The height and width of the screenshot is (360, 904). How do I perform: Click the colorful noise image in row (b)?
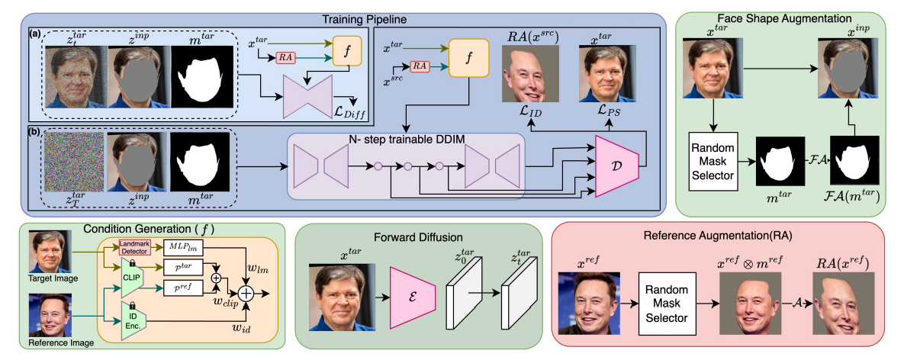click(x=72, y=166)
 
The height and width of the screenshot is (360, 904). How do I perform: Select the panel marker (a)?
click(x=33, y=34)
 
